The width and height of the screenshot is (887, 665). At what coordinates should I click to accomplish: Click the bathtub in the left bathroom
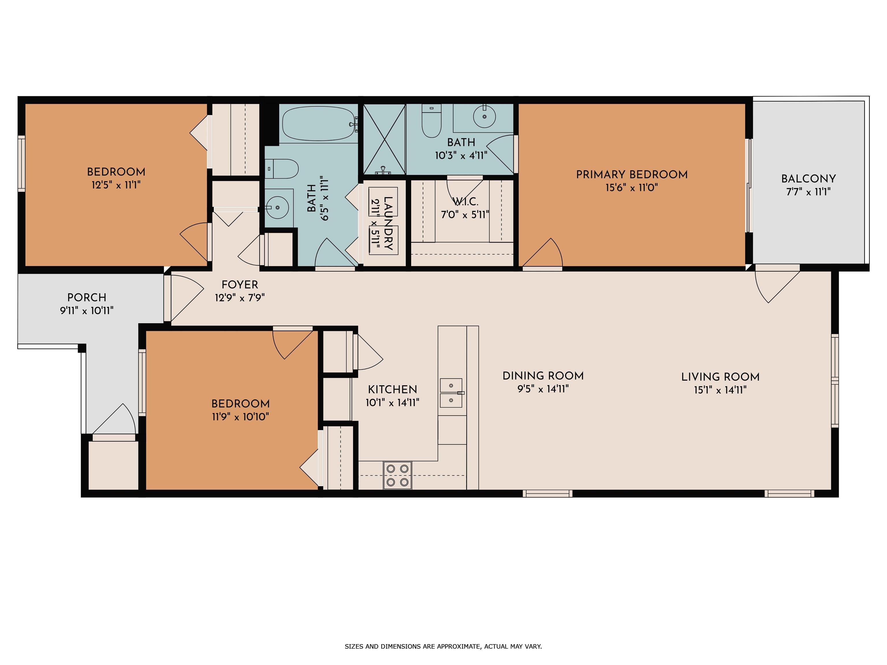[x=319, y=123]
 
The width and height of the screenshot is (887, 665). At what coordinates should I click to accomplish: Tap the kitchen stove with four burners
[x=397, y=475]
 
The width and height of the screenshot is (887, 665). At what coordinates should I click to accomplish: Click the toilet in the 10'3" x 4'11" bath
[x=431, y=121]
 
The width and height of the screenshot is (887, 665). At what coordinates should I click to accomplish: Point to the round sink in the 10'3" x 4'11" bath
[x=485, y=116]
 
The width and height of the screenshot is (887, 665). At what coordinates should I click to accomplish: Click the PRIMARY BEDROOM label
[x=631, y=175]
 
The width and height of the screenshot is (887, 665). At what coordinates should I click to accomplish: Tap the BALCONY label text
[x=808, y=179]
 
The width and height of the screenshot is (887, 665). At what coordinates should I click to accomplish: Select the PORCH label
[x=87, y=297]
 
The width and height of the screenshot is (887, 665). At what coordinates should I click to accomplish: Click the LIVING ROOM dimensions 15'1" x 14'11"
[x=720, y=390]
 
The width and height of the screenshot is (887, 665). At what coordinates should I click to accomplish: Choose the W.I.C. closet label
[x=465, y=202]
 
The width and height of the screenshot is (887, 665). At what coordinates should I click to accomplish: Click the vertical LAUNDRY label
[x=388, y=223]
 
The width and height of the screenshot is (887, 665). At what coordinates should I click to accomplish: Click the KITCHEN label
[x=393, y=389]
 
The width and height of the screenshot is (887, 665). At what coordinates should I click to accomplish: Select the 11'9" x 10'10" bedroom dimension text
[x=240, y=417]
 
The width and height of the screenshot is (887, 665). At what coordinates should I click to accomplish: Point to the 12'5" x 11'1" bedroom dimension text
[x=116, y=185]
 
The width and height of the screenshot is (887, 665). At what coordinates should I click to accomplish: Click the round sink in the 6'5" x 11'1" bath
[x=277, y=207]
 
